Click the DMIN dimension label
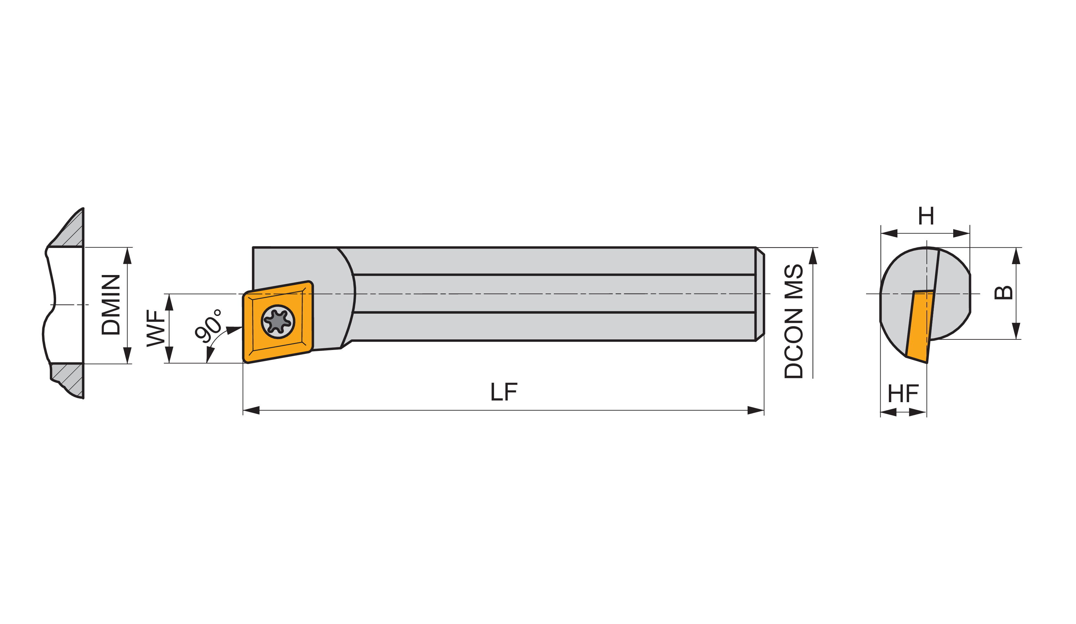point(111,305)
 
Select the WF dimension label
point(156,328)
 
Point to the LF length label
point(504,392)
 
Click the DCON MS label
point(794,321)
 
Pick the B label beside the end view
point(1003,293)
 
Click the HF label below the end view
point(903,393)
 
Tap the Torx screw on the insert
point(278,322)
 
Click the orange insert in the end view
point(920,327)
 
